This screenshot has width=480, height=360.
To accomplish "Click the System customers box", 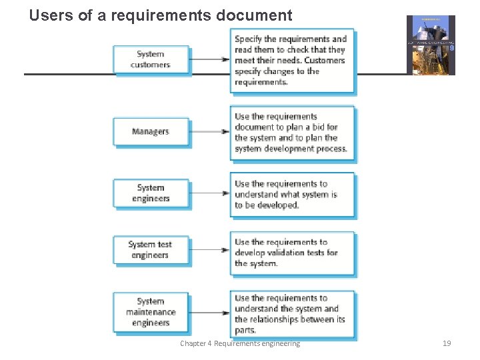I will coord(151,59).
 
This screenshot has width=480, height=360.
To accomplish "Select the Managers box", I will coord(151,131).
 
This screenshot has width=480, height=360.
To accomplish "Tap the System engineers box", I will coord(151,193).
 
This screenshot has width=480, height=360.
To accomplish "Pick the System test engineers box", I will coord(151,249).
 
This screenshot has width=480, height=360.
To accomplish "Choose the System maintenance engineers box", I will coord(151,312).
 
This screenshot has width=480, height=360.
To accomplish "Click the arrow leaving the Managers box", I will coord(209,131).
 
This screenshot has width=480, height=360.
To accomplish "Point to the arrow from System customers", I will coord(209,59).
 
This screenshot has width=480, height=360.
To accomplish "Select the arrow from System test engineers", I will coord(209,250).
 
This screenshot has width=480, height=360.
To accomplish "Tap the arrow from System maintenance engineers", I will coord(209,313).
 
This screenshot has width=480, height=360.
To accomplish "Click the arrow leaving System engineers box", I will coord(209,193).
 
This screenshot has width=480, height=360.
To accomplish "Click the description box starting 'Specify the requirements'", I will coord(292,61).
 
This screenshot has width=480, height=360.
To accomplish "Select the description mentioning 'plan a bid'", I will coord(292,133).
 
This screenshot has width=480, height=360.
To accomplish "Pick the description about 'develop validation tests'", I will coord(292,253).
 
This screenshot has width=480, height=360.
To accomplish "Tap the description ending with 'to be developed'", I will coord(292,195).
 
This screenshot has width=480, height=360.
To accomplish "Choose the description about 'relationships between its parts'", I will coord(292,314).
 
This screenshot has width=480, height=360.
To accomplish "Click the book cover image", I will coord(431,45).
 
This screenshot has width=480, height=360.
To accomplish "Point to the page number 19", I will coord(447,343).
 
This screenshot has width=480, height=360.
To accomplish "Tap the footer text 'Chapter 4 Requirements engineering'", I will coord(240,343).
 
